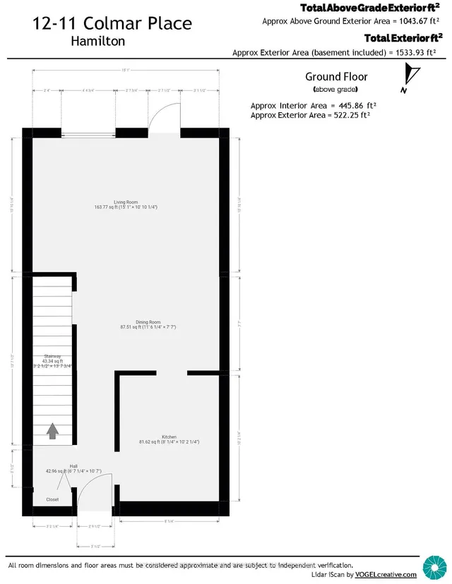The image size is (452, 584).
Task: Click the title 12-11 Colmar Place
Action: [x=112, y=23]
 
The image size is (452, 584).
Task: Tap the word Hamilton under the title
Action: [x=98, y=41]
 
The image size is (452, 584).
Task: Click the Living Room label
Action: [x=125, y=202]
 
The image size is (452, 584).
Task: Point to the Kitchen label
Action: [x=167, y=437]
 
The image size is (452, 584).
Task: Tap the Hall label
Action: [x=73, y=466]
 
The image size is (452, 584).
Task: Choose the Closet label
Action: [x=53, y=499]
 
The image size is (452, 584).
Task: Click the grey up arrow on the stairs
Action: [x=53, y=430]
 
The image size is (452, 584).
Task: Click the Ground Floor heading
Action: [x=336, y=76]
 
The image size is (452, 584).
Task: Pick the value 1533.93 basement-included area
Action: [x=393, y=52]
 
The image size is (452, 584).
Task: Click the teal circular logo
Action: [x=433, y=566]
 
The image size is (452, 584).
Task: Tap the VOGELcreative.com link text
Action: [x=394, y=575]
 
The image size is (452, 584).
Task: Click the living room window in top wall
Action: [x=88, y=131]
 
